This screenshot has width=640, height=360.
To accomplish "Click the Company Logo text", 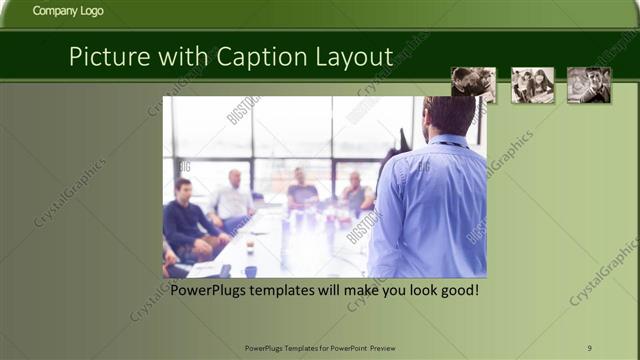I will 67,12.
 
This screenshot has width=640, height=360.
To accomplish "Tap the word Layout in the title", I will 355,57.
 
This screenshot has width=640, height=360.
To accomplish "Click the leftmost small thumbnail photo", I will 473,85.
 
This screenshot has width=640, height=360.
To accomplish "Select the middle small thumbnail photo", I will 533,85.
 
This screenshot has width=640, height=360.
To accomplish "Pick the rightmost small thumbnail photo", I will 589,85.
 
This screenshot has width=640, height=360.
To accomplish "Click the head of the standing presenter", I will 447,116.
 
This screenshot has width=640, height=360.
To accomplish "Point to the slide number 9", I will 590,347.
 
